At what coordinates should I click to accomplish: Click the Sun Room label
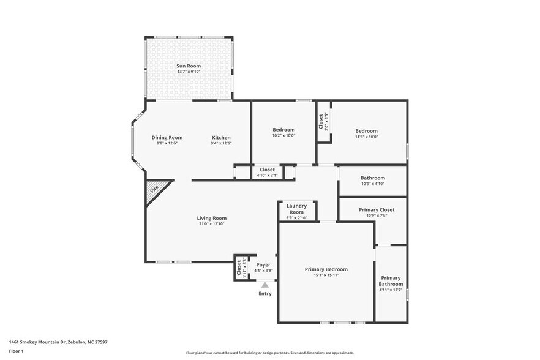[x=189, y=66]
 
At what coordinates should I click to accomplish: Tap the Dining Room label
[x=167, y=138]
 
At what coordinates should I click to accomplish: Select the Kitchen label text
[x=221, y=138]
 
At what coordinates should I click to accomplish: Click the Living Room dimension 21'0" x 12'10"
[x=212, y=224]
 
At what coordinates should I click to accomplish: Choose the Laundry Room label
[x=296, y=209]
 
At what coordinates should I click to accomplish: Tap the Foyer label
[x=263, y=265]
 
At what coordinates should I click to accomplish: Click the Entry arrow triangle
[x=264, y=284]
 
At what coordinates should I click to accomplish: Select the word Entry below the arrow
[x=264, y=293]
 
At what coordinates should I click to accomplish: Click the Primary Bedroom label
[x=326, y=269]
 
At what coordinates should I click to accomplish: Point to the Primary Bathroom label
[x=391, y=281]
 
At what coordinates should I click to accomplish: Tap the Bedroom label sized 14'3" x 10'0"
[x=366, y=131]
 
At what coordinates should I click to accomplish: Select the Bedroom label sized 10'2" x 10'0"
[x=283, y=130]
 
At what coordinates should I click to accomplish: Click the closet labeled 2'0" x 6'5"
[x=323, y=121]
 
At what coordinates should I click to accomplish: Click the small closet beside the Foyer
[x=240, y=268]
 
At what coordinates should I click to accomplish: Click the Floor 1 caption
[x=16, y=351]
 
